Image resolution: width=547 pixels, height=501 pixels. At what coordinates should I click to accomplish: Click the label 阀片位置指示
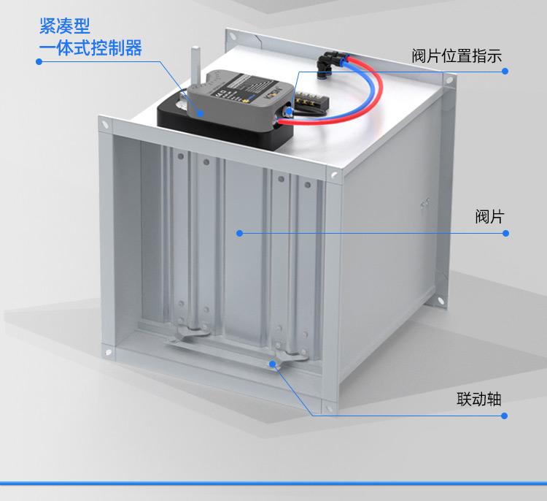[457, 56]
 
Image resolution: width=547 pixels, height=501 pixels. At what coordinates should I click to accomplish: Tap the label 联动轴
[479, 399]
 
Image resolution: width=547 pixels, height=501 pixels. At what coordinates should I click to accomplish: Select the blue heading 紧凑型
[64, 26]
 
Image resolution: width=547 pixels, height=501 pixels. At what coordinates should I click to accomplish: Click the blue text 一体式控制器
[90, 48]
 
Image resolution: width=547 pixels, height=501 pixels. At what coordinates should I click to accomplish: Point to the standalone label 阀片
[490, 217]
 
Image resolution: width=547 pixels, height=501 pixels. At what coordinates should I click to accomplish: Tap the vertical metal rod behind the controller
[195, 66]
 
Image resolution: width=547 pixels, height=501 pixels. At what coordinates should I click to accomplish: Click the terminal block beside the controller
[311, 99]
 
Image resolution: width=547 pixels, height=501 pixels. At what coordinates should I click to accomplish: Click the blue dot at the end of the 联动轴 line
[504, 416]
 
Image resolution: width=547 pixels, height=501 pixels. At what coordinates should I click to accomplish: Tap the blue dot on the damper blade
[239, 233]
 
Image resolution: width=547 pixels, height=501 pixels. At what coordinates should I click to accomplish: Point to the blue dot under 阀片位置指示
[505, 72]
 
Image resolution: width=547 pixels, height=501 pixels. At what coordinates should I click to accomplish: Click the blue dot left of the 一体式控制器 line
[39, 61]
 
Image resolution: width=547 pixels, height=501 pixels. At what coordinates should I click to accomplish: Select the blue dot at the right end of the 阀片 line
[506, 233]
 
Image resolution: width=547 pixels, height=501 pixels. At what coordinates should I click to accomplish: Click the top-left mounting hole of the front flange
[105, 123]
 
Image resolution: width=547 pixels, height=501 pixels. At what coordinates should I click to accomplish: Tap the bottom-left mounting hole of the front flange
[108, 352]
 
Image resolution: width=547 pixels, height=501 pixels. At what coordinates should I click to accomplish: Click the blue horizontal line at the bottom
[273, 483]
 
